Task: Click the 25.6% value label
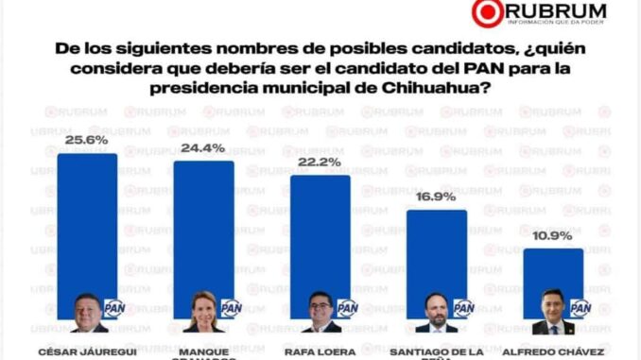(87, 142)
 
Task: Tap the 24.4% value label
(203, 149)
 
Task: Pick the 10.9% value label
(552, 237)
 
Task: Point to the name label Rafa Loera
(320, 351)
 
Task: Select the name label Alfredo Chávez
(553, 351)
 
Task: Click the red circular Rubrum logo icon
(488, 13)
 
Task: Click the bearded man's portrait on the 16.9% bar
(436, 313)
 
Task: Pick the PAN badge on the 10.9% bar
(580, 308)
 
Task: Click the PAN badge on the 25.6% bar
(114, 308)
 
